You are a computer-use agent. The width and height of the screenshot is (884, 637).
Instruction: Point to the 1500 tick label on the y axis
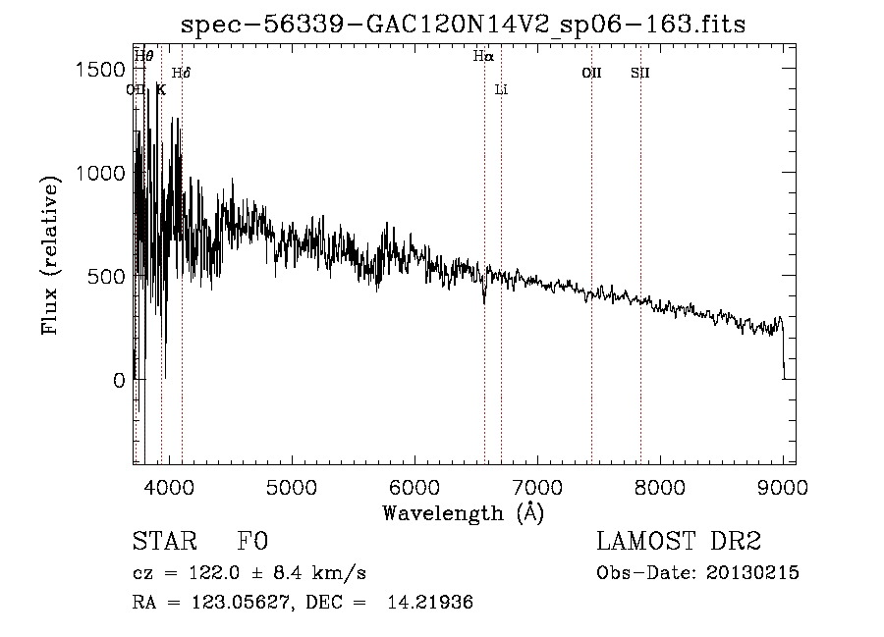pyautogui.click(x=100, y=70)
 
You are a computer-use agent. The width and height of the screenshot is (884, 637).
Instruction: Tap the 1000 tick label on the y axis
pyautogui.click(x=100, y=173)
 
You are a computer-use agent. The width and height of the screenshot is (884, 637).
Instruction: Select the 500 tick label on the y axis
pyautogui.click(x=106, y=277)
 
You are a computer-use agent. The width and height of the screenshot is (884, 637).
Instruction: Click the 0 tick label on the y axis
pyautogui.click(x=119, y=380)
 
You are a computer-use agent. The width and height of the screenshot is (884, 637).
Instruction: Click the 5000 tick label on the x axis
pyautogui.click(x=291, y=485)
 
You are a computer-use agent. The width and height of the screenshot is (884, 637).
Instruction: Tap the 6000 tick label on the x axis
pyautogui.click(x=414, y=485)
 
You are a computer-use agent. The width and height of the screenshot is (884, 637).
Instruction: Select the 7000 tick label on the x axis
pyautogui.click(x=536, y=485)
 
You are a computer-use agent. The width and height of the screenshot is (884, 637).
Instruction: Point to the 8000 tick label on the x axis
pyautogui.click(x=659, y=485)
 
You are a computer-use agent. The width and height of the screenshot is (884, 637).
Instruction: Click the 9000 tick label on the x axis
pyautogui.click(x=782, y=485)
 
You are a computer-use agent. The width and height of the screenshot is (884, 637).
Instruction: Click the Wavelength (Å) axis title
pyautogui.click(x=463, y=512)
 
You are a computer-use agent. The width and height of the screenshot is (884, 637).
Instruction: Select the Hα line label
pyautogui.click(x=482, y=57)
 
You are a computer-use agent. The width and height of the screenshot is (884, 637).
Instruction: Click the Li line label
pyautogui.click(x=501, y=89)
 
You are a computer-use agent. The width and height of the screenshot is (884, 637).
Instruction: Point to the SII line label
pyautogui.click(x=640, y=73)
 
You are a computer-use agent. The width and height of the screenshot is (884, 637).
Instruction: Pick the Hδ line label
pyautogui.click(x=181, y=73)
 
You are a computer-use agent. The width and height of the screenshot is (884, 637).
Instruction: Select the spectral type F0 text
pyautogui.click(x=253, y=542)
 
